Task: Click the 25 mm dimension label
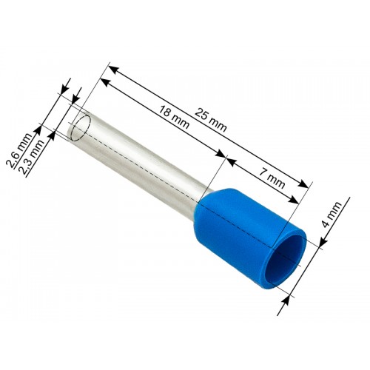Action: click(x=210, y=120)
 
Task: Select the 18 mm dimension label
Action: click(x=174, y=117)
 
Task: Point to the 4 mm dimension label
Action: click(x=332, y=214)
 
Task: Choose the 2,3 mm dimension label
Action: click(x=32, y=157)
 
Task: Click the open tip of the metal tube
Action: click(x=81, y=126)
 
